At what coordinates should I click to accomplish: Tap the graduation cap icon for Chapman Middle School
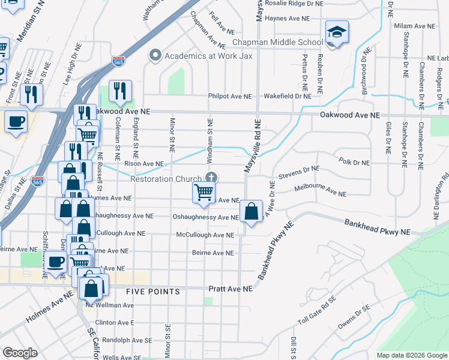coord(337,33)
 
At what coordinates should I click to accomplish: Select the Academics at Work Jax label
coord(208,56)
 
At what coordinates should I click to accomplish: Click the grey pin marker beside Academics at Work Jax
coord(155,56)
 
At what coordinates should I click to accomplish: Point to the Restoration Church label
coord(167,178)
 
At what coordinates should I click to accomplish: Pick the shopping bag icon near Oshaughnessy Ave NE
coord(252,211)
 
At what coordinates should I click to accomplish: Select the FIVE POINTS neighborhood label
coord(153,292)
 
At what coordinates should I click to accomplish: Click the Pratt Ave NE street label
coord(231,289)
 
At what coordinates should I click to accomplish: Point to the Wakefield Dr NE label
coord(288,96)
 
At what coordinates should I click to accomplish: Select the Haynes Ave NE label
coord(288,19)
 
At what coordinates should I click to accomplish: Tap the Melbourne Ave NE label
coord(321,191)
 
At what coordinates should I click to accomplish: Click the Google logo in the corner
coord(20,352)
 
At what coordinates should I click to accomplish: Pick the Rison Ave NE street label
coord(143,163)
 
